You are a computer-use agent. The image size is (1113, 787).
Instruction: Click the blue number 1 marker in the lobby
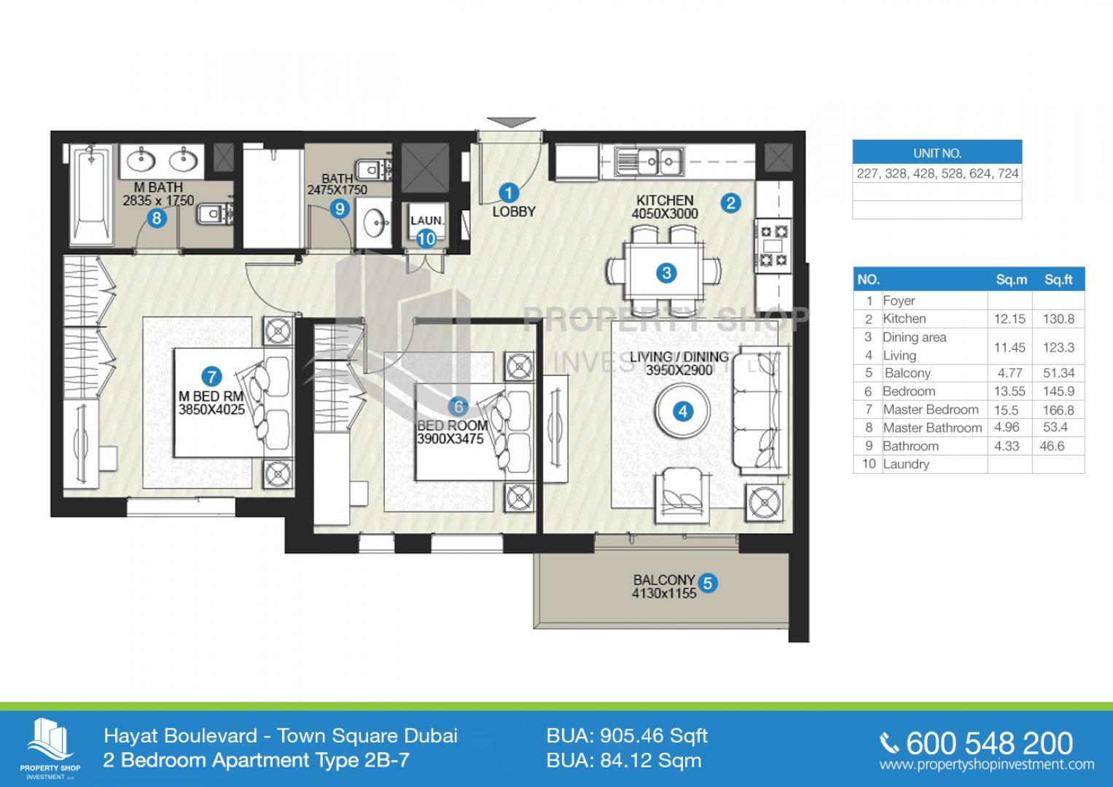click(x=508, y=193)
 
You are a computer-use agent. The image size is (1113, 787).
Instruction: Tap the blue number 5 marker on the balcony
click(x=708, y=583)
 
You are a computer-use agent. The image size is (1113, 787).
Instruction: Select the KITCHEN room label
click(x=665, y=200)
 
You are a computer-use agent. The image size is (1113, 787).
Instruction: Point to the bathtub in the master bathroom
click(x=93, y=195)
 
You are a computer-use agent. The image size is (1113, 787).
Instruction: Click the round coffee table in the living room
click(x=683, y=411)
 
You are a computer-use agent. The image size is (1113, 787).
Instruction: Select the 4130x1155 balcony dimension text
click(x=664, y=593)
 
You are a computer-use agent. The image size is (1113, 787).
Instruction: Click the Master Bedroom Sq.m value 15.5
click(x=1006, y=410)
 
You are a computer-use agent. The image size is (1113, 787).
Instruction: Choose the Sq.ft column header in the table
click(x=1058, y=280)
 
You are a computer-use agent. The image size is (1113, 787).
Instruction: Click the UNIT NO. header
click(x=937, y=154)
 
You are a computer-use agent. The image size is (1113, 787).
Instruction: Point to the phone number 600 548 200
click(x=989, y=743)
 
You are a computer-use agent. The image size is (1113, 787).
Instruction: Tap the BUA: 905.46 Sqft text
click(x=627, y=736)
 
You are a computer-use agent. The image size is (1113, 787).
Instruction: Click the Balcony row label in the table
click(x=907, y=373)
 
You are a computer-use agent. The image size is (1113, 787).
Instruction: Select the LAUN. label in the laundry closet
click(x=427, y=221)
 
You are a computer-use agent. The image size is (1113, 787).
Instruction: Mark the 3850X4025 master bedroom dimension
click(x=211, y=410)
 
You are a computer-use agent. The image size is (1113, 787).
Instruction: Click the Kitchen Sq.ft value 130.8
click(x=1058, y=319)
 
